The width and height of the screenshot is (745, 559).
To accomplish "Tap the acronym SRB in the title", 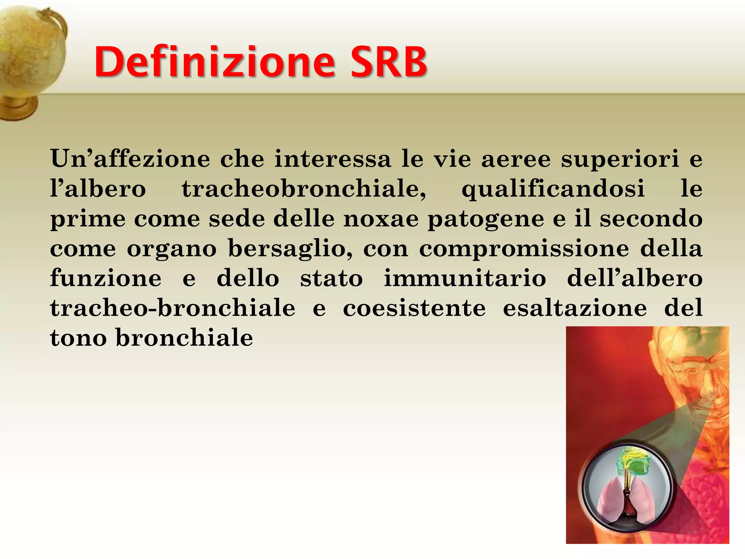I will point(389,62).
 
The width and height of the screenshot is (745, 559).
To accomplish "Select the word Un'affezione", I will point(130,159).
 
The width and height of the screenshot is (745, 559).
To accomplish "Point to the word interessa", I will point(332,159).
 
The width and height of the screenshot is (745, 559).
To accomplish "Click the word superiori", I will point(620,159).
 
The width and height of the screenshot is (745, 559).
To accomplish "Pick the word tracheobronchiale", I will point(304,189).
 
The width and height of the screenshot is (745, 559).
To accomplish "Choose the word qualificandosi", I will point(553,190).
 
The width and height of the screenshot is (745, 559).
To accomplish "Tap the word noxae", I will point(381,219).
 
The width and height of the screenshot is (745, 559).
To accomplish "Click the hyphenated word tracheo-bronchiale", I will point(173,308).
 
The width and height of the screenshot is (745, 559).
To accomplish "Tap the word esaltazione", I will point(575,308).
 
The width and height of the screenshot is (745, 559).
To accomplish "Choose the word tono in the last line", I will point(78,338).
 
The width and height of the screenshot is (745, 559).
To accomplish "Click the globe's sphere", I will point(29,47).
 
